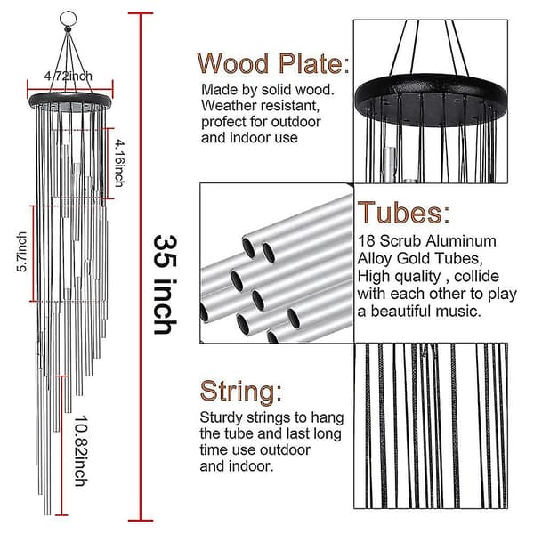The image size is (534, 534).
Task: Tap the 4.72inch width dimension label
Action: tap(69, 76)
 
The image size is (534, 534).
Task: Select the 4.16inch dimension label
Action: tap(119, 163)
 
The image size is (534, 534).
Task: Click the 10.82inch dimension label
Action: tap(81, 450)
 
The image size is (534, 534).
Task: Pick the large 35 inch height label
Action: tap(166, 285)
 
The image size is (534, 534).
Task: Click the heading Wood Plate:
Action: tap(273, 63)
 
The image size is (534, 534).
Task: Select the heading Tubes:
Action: tap(403, 213)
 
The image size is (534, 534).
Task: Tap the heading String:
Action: tap(241, 392)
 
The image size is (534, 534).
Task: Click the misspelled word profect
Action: tap(223, 122)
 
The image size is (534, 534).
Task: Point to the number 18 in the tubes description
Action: tap(366, 241)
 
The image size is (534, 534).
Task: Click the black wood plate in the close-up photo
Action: tap(431, 100)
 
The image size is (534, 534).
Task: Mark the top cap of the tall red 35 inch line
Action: tap(141, 13)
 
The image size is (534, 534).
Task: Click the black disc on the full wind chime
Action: tap(70, 101)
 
